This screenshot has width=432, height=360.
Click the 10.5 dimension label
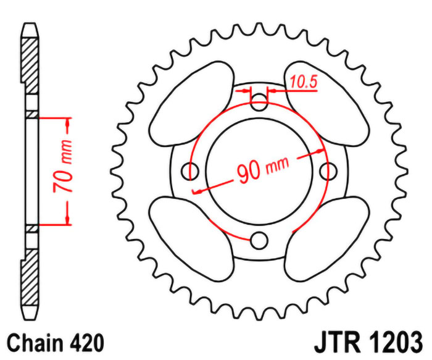coord(304,82)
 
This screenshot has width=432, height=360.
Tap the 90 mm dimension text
coord(263,170)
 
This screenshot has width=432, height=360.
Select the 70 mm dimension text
coord(62,166)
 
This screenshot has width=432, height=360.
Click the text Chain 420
coord(55,343)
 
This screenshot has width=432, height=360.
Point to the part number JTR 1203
coord(368,343)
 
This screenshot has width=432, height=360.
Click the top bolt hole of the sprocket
coord(259,102)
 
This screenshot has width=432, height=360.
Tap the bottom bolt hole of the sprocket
coord(259,240)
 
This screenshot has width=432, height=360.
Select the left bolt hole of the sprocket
coord(190,171)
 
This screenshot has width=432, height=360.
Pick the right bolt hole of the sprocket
coord(328,171)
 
